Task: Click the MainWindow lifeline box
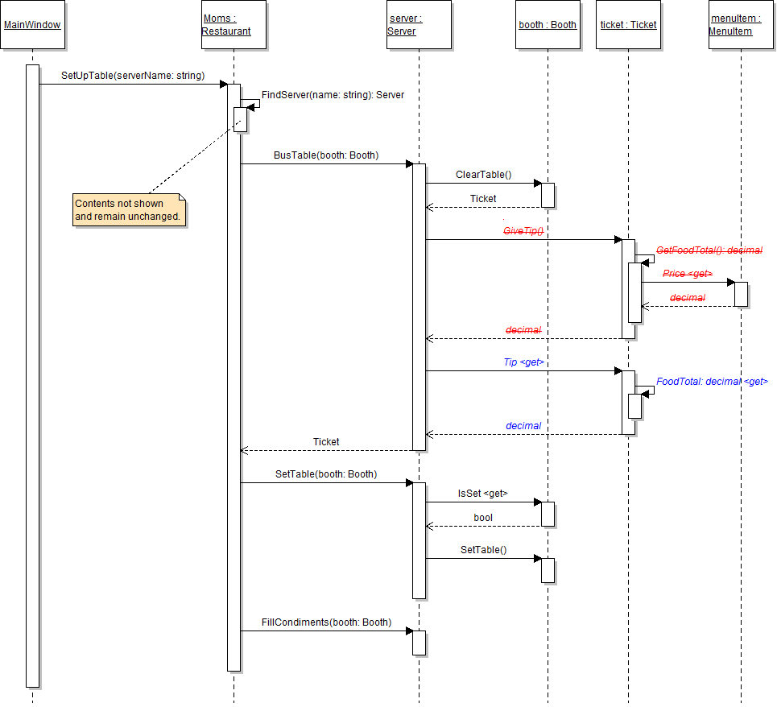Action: coord(32,25)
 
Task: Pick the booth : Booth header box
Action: coord(548,25)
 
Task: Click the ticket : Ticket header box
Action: coord(628,25)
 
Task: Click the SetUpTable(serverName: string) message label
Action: coord(133,76)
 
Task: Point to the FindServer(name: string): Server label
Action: coord(333,95)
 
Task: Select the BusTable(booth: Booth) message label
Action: coord(325,155)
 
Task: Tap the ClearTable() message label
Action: coord(483,175)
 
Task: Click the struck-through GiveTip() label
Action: coord(523,231)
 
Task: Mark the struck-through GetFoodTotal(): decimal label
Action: coord(709,250)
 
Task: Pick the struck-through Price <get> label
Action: coord(687,274)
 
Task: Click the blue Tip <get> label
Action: coord(523,362)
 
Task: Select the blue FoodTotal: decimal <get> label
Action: coord(712,382)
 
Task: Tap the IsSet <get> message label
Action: coord(482,494)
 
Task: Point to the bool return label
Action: coord(483,518)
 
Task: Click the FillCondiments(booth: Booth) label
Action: coord(326,622)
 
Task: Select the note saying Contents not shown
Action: coord(129,210)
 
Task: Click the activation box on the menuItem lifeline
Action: coord(741,294)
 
